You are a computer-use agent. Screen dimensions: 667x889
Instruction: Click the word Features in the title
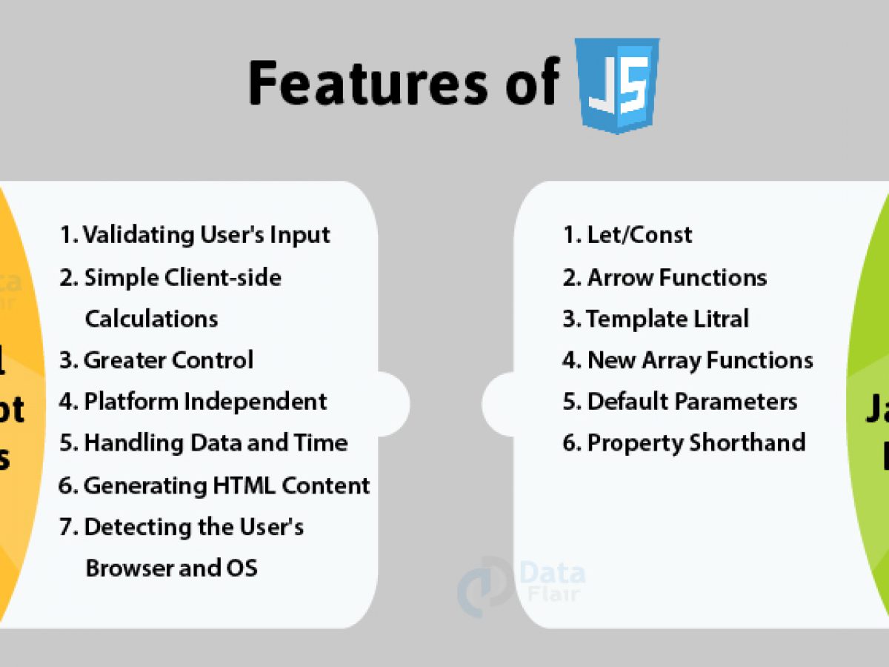367,83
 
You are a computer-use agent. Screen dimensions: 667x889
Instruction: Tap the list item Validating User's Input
195,235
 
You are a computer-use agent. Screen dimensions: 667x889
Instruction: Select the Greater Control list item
156,360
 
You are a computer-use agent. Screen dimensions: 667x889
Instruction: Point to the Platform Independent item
193,402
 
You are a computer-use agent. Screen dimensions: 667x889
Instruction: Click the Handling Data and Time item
203,443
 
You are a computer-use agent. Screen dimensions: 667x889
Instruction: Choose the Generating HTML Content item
214,485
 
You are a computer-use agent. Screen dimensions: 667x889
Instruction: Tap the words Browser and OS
171,568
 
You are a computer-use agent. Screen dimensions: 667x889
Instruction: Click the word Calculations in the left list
151,319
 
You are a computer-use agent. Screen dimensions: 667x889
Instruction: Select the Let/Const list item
627,235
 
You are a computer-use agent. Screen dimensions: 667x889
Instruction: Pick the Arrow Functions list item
665,277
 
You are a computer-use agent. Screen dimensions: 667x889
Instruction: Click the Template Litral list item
656,319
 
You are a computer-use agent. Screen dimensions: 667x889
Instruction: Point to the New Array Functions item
687,360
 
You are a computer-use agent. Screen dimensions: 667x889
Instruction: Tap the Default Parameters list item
679,402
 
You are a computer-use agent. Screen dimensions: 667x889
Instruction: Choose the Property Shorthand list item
684,443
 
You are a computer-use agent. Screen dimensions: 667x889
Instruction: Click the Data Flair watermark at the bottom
522,582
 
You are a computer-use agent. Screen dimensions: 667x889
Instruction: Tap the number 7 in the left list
66,527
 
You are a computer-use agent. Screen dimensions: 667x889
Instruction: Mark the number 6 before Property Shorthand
568,443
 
